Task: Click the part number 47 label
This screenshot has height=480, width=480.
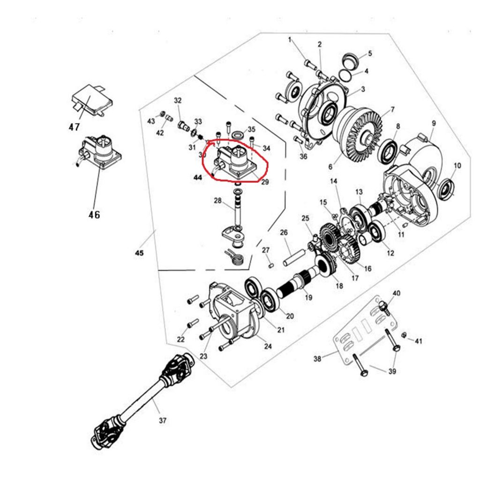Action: coord(74,127)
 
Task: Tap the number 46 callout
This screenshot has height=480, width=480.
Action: coord(94,215)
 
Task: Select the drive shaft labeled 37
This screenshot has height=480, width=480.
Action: coord(141,403)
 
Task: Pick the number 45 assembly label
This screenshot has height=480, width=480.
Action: coord(139,253)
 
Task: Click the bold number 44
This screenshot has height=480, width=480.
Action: coord(198,178)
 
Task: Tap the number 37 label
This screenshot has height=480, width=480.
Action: coord(162,420)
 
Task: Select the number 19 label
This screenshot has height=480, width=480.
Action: coord(308,297)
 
